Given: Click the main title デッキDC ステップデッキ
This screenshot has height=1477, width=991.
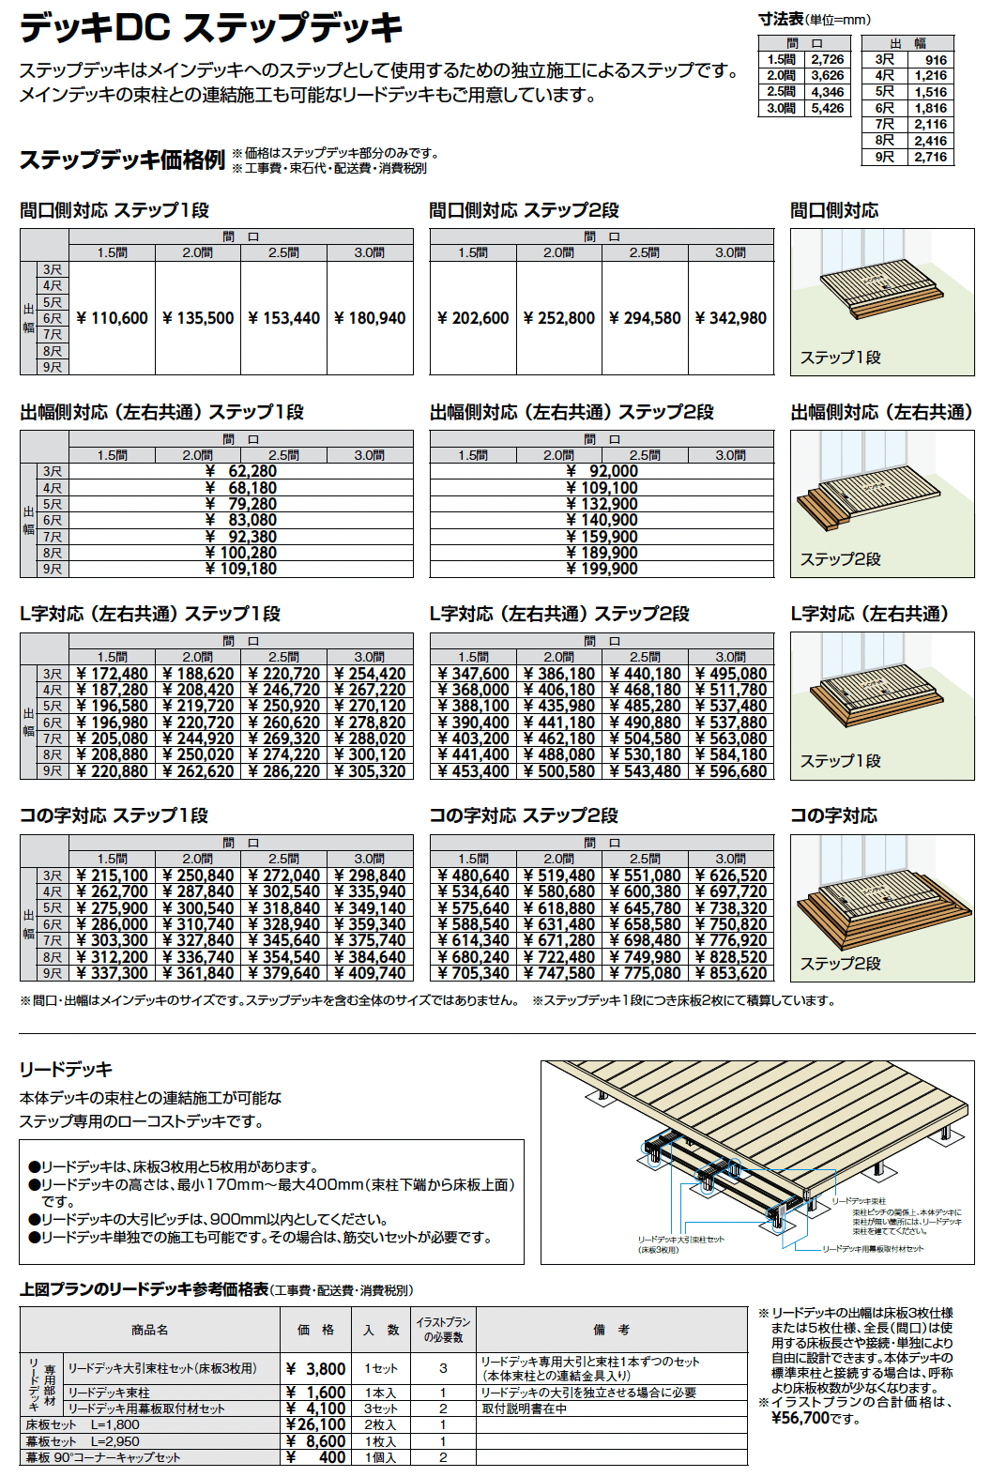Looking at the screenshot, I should pyautogui.click(x=211, y=27).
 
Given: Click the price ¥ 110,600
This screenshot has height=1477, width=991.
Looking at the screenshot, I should pyautogui.click(x=113, y=318).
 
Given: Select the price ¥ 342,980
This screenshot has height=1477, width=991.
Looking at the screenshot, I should pyautogui.click(x=731, y=318).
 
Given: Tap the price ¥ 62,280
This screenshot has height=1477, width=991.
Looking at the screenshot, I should pyautogui.click(x=241, y=471).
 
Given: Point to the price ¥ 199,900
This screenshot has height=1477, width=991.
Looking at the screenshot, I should pyautogui.click(x=602, y=569).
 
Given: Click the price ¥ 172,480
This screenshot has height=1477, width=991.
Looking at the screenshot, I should pyautogui.click(x=113, y=674).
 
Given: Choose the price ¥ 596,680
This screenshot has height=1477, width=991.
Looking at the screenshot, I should pyautogui.click(x=731, y=771).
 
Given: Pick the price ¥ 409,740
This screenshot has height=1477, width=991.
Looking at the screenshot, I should pyautogui.click(x=370, y=973).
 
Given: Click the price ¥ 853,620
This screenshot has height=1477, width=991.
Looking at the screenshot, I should pyautogui.click(x=731, y=973).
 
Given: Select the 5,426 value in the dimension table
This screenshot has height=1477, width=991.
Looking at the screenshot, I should pyautogui.click(x=828, y=108).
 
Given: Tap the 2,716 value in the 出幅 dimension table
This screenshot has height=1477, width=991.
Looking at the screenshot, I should pyautogui.click(x=931, y=157).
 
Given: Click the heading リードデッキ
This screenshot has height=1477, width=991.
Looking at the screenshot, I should pyautogui.click(x=66, y=1069).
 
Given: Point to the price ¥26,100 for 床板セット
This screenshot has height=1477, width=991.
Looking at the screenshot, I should pyautogui.click(x=315, y=1424).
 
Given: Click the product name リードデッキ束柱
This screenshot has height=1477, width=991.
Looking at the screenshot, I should pyautogui.click(x=109, y=1393).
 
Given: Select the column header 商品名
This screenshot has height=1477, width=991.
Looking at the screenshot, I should pyautogui.click(x=150, y=1330).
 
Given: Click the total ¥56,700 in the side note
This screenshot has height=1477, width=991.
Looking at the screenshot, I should pyautogui.click(x=800, y=1418).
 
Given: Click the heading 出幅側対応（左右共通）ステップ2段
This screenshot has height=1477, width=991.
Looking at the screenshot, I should pyautogui.click(x=572, y=412).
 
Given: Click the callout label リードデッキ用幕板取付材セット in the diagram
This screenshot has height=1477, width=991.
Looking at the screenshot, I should pyautogui.click(x=873, y=1249).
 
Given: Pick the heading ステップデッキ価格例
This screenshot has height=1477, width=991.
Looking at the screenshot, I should pyautogui.click(x=122, y=160).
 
